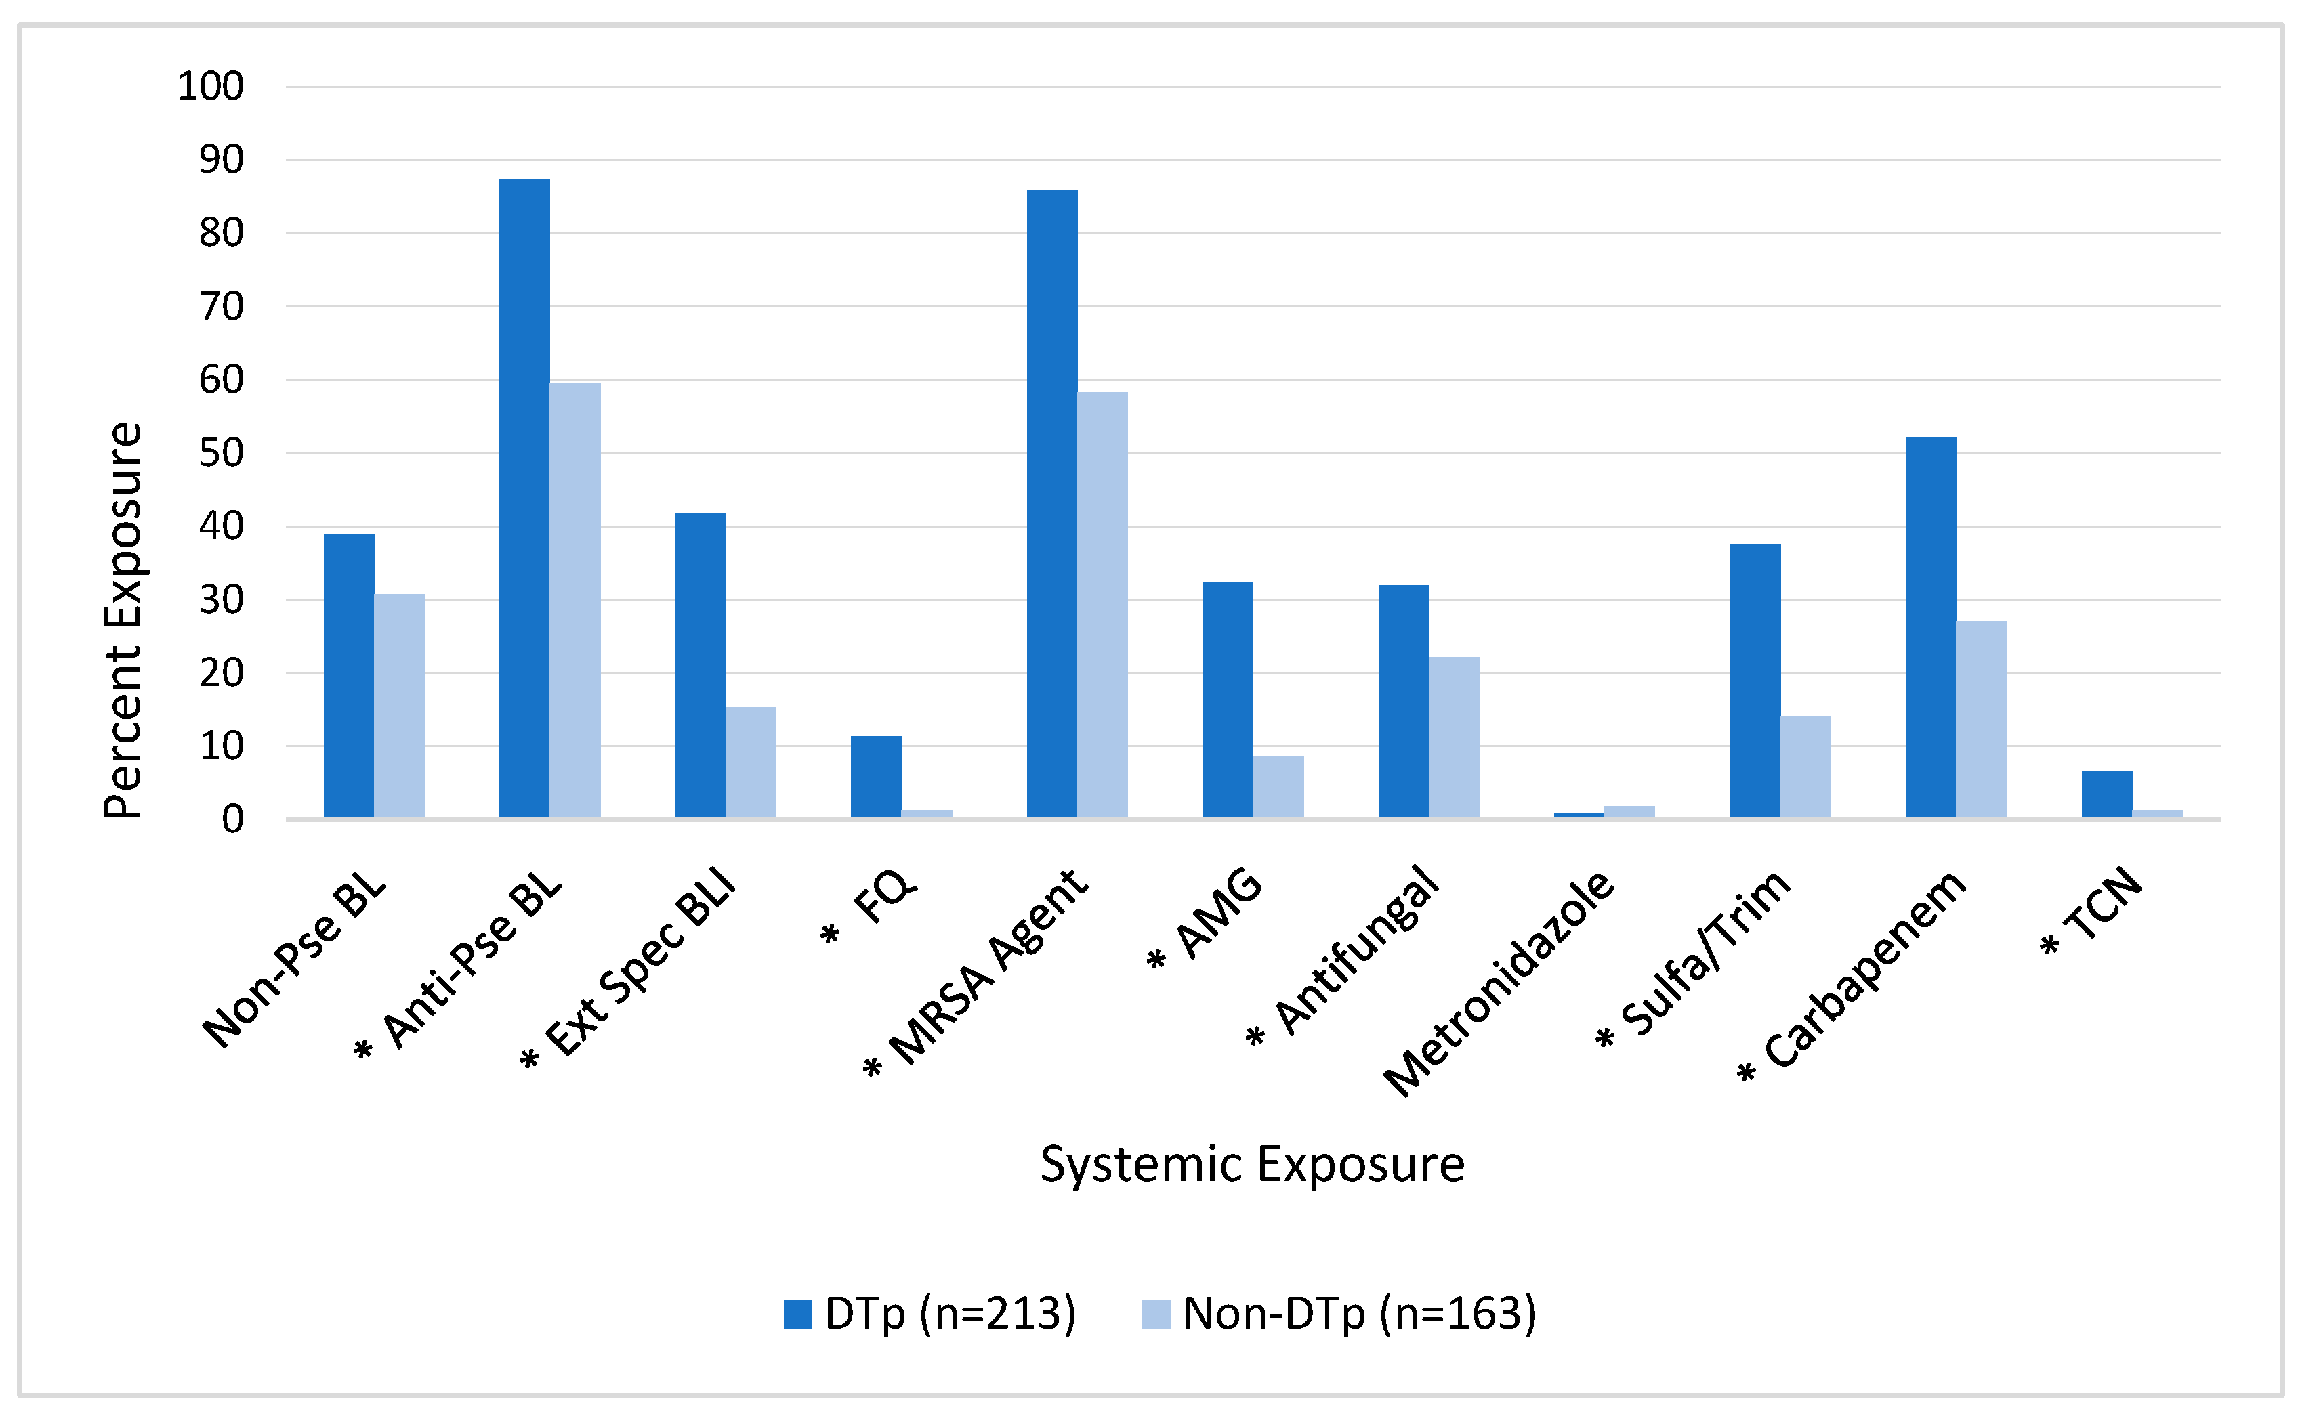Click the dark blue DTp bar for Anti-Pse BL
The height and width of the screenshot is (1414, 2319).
(524, 498)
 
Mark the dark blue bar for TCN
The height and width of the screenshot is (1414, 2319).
(2106, 794)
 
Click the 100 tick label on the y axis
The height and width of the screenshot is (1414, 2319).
(210, 87)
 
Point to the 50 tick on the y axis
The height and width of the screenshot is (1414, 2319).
(220, 454)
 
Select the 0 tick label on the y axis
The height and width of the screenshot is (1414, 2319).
(232, 820)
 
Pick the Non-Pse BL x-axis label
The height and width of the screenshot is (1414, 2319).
(295, 962)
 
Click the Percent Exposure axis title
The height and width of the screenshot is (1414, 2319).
(123, 621)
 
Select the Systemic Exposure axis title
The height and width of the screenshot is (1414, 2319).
(1252, 1165)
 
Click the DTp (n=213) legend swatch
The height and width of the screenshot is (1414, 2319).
(797, 1313)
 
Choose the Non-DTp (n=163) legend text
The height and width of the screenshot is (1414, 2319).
(1359, 1313)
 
